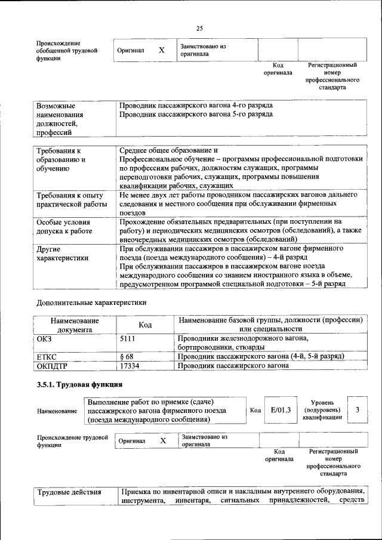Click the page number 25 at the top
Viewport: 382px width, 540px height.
199,28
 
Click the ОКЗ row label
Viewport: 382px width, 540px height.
46,339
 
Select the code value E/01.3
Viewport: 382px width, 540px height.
280,410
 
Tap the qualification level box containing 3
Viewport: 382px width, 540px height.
357,410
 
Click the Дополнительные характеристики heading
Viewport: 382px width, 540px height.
91,303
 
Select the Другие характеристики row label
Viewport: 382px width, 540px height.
63,253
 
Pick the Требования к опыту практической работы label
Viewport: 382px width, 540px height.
69,200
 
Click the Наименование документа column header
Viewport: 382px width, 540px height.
75,325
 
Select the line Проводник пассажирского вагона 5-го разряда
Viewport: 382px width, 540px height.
196,113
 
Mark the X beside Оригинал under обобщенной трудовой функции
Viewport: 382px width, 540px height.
161,51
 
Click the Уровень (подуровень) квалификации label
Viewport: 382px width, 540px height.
322,411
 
